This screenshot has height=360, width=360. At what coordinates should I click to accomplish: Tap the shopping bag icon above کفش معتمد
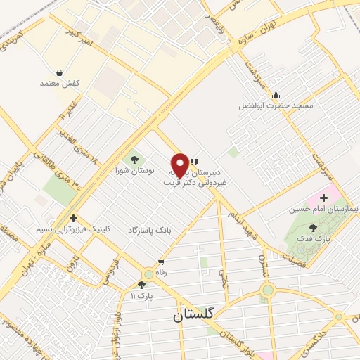59,72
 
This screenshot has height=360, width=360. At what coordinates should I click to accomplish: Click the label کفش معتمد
60,83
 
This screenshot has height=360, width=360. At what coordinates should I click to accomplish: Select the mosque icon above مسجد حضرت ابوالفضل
276,96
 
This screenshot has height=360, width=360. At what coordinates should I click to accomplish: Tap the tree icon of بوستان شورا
134,160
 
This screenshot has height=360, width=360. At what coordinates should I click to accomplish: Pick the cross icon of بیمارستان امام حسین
323,198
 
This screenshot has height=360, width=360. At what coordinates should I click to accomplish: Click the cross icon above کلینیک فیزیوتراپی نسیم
73,218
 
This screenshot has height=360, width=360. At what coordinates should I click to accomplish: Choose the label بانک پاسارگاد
150,230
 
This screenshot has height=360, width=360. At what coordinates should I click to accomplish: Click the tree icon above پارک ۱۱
142,285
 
